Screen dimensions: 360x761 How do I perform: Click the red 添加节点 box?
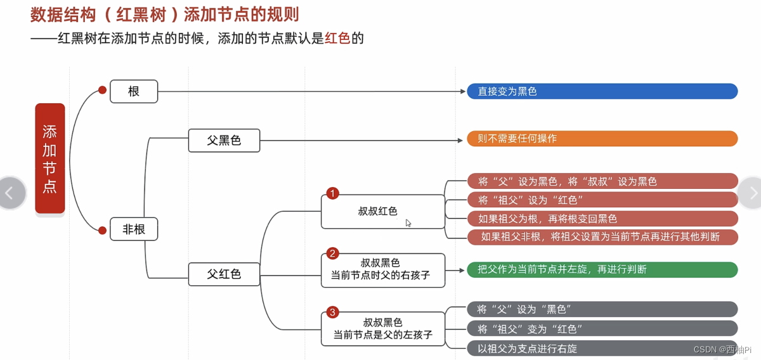[x=49, y=158]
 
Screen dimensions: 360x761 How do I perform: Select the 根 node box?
[x=133, y=91]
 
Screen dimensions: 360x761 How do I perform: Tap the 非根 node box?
[x=133, y=229]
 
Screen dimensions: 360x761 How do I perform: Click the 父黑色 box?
[x=224, y=140]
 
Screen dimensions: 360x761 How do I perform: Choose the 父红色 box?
[x=224, y=274]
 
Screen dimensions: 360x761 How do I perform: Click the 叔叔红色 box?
[x=382, y=212]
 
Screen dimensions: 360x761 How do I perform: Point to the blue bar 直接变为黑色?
[x=602, y=91]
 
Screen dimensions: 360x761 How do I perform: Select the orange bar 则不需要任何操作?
[x=602, y=138]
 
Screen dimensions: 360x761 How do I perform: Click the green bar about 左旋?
[x=602, y=269]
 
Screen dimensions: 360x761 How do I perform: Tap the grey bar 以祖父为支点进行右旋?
[x=602, y=349]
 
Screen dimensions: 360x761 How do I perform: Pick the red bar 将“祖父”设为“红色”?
[x=602, y=200]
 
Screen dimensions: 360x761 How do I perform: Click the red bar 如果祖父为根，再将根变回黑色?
[x=602, y=219]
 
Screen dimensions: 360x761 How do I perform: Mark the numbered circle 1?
[x=332, y=193]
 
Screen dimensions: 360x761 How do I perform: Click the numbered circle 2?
[x=332, y=254]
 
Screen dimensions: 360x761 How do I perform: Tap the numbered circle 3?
[x=332, y=312]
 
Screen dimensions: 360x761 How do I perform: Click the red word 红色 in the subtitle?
[x=337, y=38]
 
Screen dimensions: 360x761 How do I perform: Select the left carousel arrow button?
[x=11, y=193]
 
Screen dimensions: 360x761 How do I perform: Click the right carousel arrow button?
[x=752, y=193]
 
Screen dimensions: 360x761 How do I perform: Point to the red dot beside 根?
[x=102, y=91]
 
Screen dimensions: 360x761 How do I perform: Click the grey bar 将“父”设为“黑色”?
[x=602, y=309]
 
